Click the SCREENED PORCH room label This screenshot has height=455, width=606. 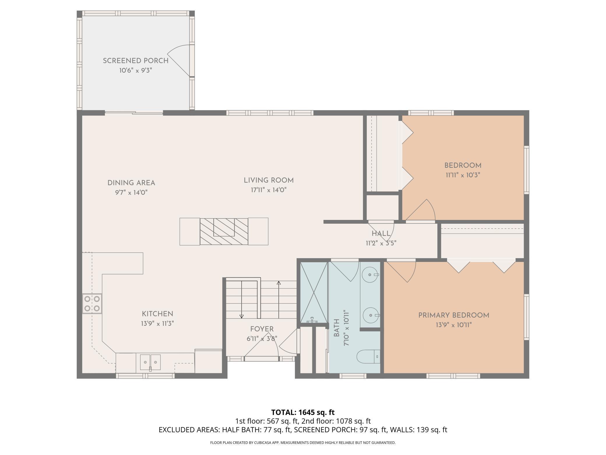point(135,61)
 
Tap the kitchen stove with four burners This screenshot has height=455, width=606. point(92,303)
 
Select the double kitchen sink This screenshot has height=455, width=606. point(150,362)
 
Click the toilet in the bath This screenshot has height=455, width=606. point(369,356)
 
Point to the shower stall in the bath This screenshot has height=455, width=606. point(314,293)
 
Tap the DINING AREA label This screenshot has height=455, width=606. point(131,183)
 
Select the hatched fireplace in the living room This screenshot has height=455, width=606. point(224,231)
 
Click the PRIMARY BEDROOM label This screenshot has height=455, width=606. point(454,315)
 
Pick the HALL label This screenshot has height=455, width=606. point(381,234)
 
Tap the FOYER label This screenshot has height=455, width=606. point(262,329)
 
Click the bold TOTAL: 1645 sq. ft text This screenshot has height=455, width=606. point(303,412)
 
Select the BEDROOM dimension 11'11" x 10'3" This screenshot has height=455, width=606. point(463,175)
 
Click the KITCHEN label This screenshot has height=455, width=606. point(157,314)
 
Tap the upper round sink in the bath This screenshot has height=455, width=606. point(370,275)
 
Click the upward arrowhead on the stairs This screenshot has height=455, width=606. point(279,283)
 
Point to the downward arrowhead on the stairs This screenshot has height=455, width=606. point(242,316)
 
